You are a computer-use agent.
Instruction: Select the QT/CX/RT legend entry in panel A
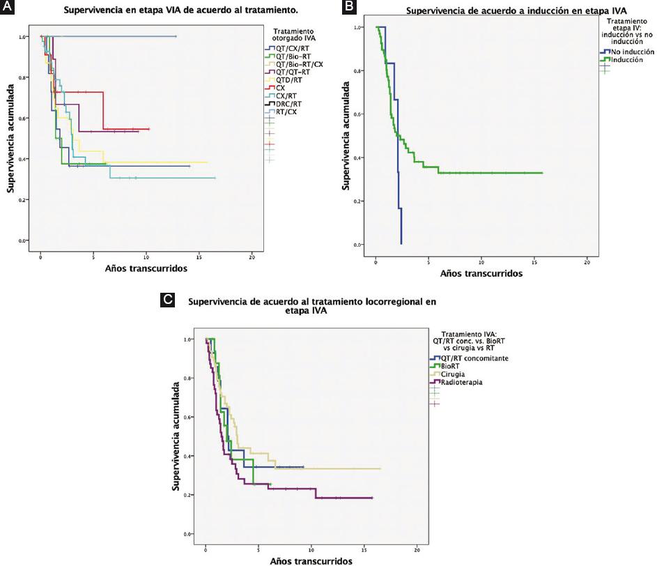click(x=289, y=48)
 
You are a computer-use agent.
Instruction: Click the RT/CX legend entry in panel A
click(x=286, y=112)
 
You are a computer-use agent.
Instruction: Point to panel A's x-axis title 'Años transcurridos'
click(x=146, y=268)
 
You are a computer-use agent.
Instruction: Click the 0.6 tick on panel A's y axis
click(x=26, y=118)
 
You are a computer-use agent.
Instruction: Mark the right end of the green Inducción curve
click(x=541, y=173)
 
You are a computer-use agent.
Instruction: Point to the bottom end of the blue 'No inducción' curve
click(x=401, y=243)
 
